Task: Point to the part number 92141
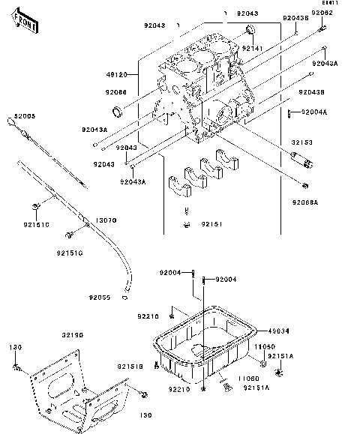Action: pos(252,47)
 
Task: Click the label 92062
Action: pos(322,13)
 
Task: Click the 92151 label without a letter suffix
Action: pos(209,223)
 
